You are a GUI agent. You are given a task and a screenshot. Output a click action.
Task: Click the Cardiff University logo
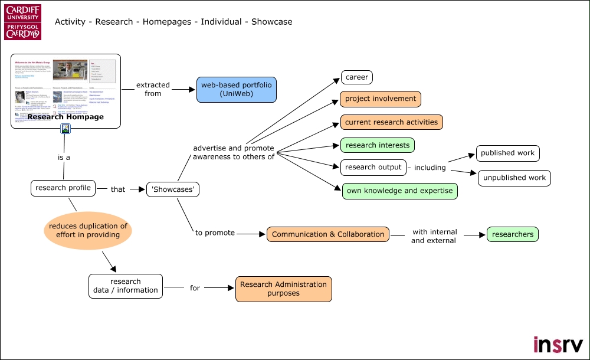[x=23, y=22]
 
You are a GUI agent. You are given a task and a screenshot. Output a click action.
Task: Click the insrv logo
[x=558, y=343]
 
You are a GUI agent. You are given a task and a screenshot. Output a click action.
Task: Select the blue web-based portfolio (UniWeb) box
[x=236, y=89]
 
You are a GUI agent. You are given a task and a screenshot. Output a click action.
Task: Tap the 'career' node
[x=356, y=77]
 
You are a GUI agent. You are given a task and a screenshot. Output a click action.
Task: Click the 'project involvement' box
[x=380, y=99]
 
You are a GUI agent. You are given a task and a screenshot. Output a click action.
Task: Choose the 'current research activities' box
[x=391, y=122]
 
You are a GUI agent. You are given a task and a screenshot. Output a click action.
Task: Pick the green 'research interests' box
[x=378, y=145]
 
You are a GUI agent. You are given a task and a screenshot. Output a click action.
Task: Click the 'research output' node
[x=373, y=167]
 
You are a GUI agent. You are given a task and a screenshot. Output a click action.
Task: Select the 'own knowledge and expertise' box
[x=399, y=191]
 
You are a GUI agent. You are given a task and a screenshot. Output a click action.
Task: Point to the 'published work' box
[x=507, y=153]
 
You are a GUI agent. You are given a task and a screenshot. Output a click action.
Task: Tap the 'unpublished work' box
[x=514, y=178]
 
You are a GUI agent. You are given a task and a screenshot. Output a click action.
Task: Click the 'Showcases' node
[x=172, y=189]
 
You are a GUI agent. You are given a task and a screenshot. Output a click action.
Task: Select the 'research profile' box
[x=63, y=188]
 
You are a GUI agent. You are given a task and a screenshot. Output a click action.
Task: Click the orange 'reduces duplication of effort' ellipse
[x=88, y=230]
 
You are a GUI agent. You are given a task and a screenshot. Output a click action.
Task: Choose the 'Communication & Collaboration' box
[x=328, y=234]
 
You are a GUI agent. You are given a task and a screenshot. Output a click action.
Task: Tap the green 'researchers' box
[x=512, y=234]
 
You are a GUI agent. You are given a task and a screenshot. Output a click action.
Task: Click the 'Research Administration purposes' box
[x=283, y=289]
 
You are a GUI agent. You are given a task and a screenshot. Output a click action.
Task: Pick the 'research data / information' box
[x=125, y=286]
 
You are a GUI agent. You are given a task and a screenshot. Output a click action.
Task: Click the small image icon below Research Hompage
[x=66, y=129]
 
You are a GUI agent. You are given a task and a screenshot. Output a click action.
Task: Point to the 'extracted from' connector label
[x=153, y=89]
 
